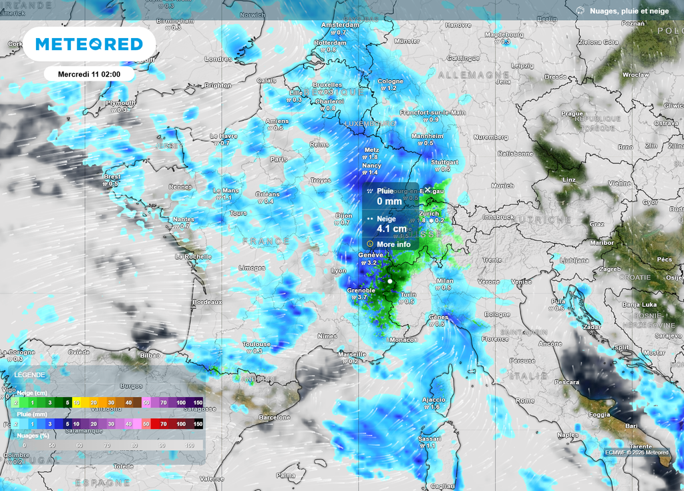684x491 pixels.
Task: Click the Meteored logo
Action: pyautogui.click(x=89, y=44)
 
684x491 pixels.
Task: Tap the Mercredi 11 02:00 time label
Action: pyautogui.click(x=89, y=74)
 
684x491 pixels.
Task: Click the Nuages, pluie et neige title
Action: pyautogui.click(x=630, y=11)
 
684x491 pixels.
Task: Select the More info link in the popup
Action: pyautogui.click(x=393, y=244)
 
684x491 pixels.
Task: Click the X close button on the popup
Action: pyautogui.click(x=427, y=190)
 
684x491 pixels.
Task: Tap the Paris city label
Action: pyautogui.click(x=279, y=159)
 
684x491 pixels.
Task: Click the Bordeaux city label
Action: pyautogui.click(x=206, y=302)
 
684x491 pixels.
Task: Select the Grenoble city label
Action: pyautogui.click(x=361, y=290)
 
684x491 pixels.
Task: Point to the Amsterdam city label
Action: pyautogui.click(x=340, y=25)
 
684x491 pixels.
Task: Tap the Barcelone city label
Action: pyautogui.click(x=274, y=418)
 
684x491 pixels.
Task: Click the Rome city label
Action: pyautogui.click(x=524, y=400)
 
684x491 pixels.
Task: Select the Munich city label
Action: pyautogui.click(x=502, y=185)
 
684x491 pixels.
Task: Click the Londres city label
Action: pyautogui.click(x=218, y=59)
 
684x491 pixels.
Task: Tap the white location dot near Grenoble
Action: pyautogui.click(x=390, y=282)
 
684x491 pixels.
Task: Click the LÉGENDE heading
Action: pyautogui.click(x=30, y=376)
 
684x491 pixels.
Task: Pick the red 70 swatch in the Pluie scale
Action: pyautogui.click(x=164, y=424)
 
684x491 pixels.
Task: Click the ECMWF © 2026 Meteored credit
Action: pyautogui.click(x=637, y=452)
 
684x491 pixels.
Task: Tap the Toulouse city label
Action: pyautogui.click(x=256, y=344)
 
